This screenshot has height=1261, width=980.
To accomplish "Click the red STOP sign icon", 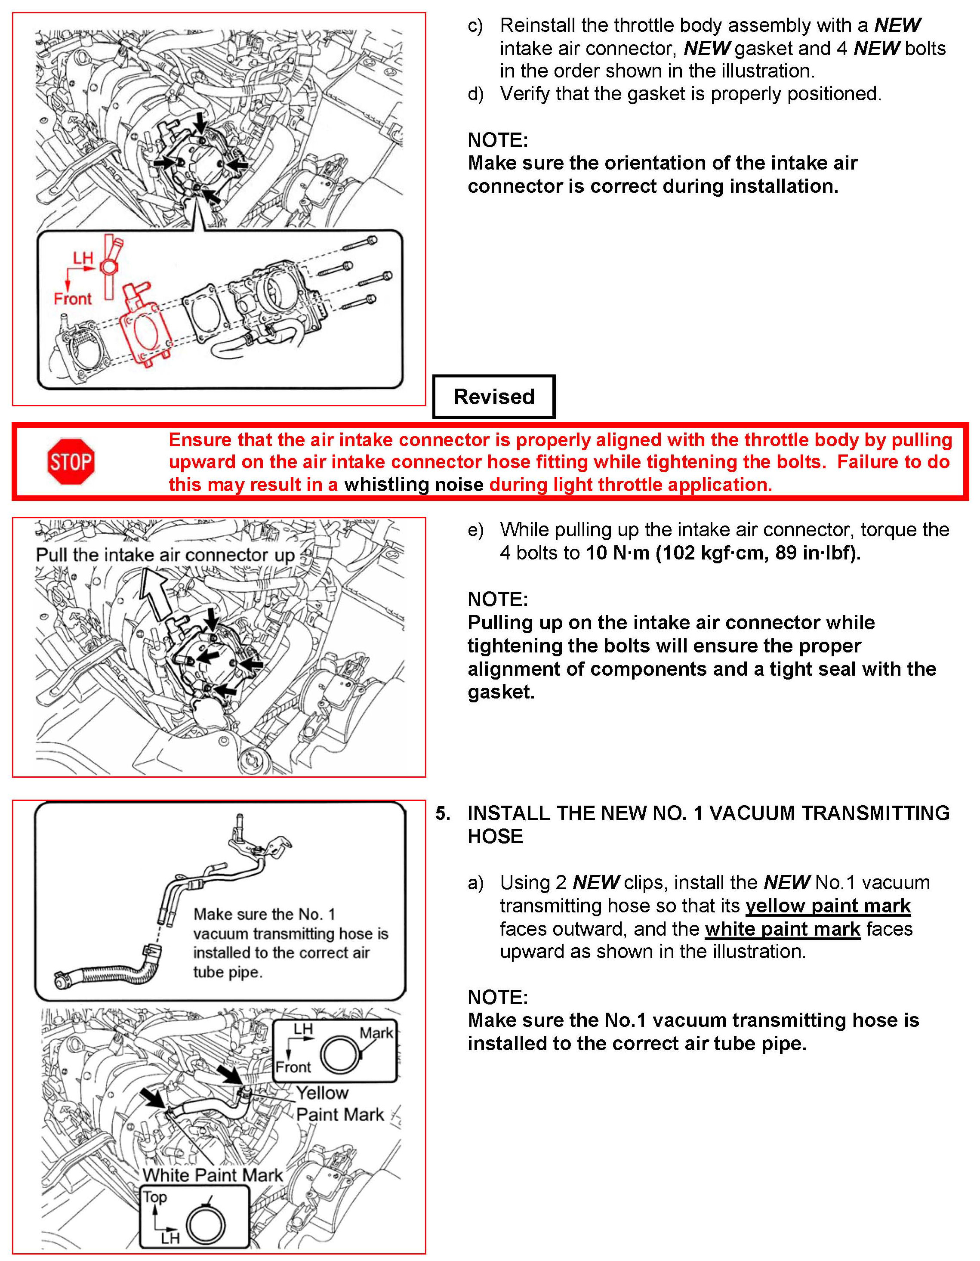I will pos(71,461).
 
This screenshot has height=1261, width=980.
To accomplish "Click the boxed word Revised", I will pos(493,397).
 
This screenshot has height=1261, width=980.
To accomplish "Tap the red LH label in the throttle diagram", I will pos(83,258).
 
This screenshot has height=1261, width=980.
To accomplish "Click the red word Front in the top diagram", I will pos(72,299).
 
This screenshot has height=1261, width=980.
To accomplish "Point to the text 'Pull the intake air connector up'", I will pos(166,555).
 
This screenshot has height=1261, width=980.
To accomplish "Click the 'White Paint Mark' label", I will pos(213,1174).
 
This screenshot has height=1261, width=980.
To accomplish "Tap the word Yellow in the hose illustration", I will pos(322,1092).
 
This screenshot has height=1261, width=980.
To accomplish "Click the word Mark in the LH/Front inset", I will pos(376,1032).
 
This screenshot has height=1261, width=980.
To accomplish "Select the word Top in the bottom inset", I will pos(155,1197).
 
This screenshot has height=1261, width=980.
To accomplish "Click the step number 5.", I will pos(442,813).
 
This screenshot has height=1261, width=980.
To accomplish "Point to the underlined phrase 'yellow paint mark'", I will pos(828,906).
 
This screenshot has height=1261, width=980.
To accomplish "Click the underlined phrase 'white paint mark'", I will pos(782,929).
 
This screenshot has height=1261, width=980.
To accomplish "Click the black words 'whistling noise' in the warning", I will pos(413,485).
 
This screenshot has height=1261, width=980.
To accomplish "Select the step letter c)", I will pos(475,26).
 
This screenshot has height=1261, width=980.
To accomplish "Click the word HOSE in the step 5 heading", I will pos(495,836).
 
